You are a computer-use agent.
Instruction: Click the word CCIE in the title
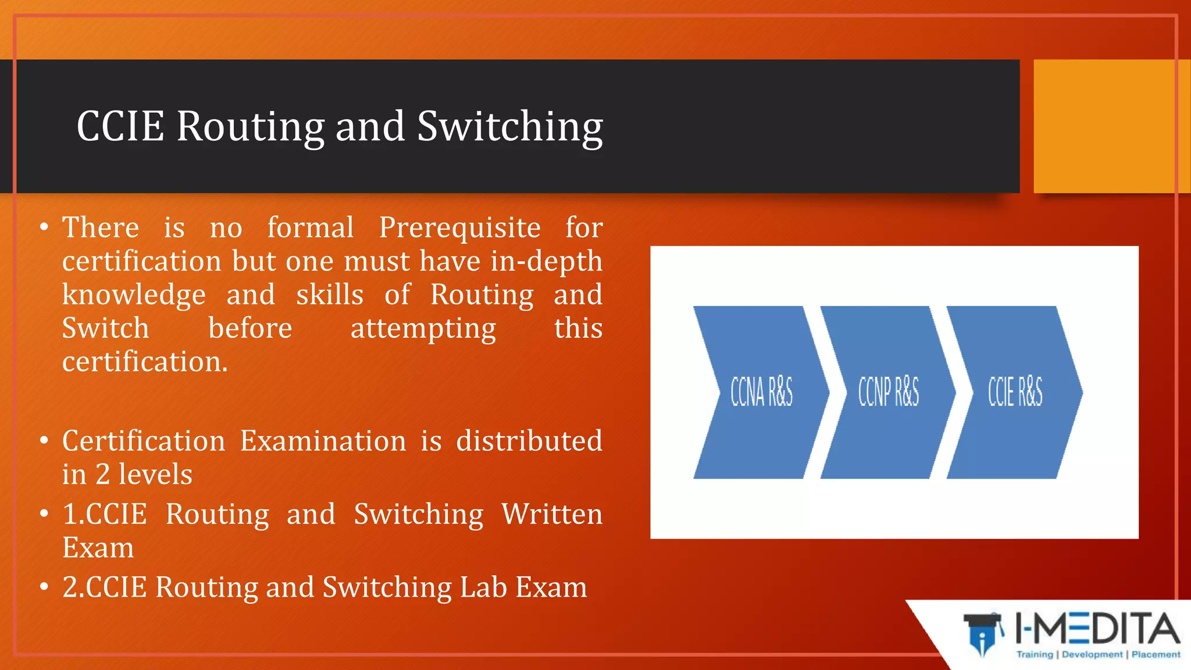coord(120,126)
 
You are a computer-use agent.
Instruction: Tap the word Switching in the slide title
coord(509,126)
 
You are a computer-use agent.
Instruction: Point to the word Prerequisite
coord(459,227)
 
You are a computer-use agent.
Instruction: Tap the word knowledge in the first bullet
coord(134,295)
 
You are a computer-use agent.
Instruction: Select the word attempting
coord(423,329)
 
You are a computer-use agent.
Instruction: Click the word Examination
coord(323,441)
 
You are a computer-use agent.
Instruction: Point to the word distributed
coord(529,441)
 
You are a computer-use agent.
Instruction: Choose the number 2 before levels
coord(102,475)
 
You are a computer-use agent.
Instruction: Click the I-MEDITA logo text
coord(1097,629)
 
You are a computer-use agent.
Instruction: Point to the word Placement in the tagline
coord(1156,655)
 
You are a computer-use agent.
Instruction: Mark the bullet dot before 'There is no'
coord(44,227)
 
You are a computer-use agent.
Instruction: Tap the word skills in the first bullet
coord(330,295)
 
